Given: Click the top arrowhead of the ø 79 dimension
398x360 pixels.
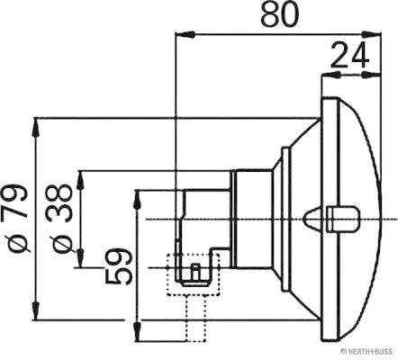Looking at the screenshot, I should pos(37,122).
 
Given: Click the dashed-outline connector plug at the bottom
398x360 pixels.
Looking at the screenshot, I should pos(192,275).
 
